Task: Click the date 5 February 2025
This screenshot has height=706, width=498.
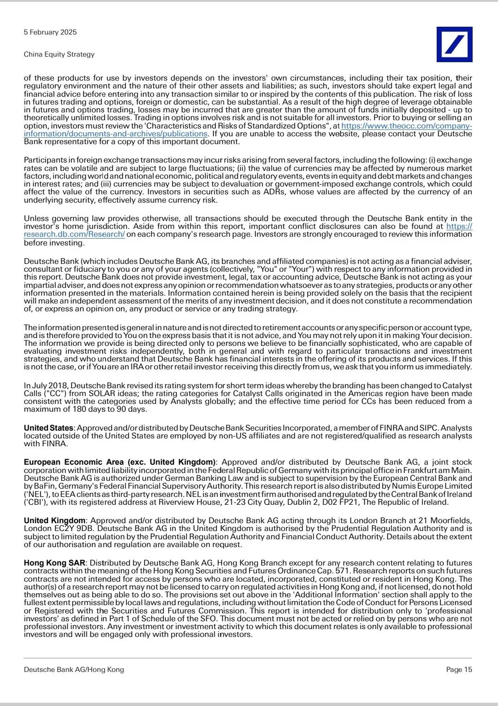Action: pos(50,32)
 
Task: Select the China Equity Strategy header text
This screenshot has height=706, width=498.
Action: pos(59,54)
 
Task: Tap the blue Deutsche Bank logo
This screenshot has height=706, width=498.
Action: pos(454,44)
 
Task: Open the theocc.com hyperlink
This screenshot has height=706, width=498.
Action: pos(406,126)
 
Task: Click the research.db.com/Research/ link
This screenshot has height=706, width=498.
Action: pos(74,234)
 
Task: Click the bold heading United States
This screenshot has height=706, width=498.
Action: pos(48,428)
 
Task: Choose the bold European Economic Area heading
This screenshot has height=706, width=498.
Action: pos(119,462)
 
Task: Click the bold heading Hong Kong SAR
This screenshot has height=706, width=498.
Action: pos(54,563)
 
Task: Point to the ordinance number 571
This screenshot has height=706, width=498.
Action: pos(343,571)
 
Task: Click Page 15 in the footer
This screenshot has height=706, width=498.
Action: pos(459,670)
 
